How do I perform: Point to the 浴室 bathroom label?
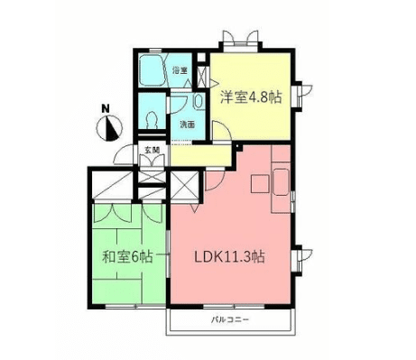(x=180, y=69)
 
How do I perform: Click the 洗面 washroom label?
(x=187, y=123)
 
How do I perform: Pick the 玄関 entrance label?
(x=151, y=150)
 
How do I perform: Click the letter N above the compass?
(x=106, y=110)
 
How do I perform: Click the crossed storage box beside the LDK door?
(x=184, y=188)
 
